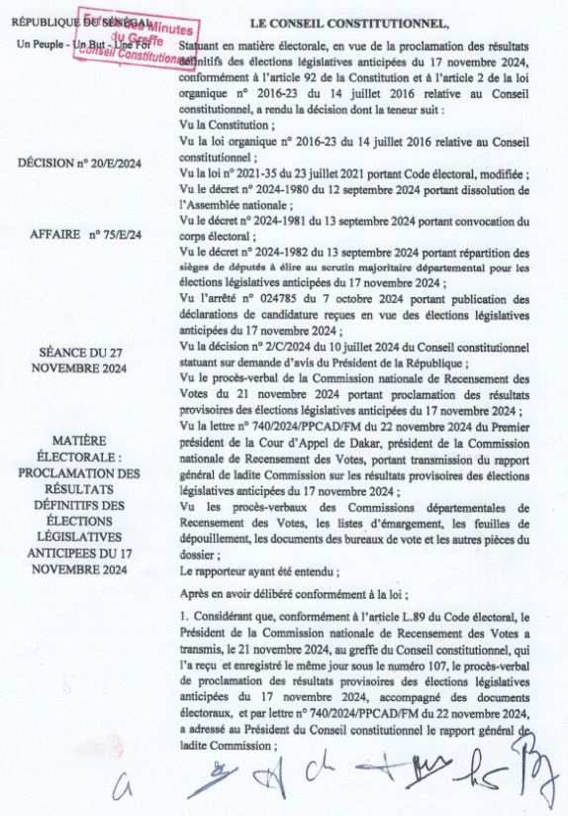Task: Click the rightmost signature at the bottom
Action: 537,771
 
